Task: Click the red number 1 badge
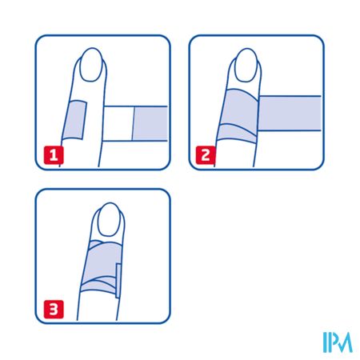point(54,155)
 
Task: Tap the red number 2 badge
point(206,155)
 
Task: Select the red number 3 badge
point(54,310)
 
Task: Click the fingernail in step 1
point(91,65)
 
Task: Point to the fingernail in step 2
point(246,65)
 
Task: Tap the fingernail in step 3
point(109,219)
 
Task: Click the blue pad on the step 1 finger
point(74,120)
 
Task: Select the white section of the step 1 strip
point(118,123)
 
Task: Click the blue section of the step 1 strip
point(150,123)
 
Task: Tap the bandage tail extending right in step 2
point(290,114)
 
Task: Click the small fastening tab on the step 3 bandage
point(118,281)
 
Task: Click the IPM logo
point(338,342)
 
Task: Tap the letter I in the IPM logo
point(325,342)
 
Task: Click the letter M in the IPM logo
point(343,342)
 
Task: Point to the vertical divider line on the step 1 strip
point(133,123)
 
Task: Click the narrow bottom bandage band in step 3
point(98,286)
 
